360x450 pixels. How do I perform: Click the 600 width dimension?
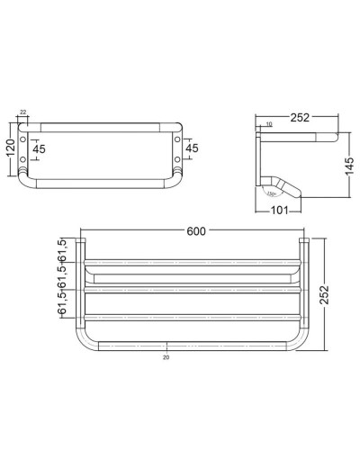pyautogui.click(x=195, y=230)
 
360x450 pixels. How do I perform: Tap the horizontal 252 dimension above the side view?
pyautogui.click(x=300, y=117)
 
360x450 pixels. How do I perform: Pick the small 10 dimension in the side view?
pyautogui.click(x=268, y=123)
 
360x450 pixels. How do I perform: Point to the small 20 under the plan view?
pyautogui.click(x=167, y=357)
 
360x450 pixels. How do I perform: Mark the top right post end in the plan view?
pyautogui.click(x=304, y=243)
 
